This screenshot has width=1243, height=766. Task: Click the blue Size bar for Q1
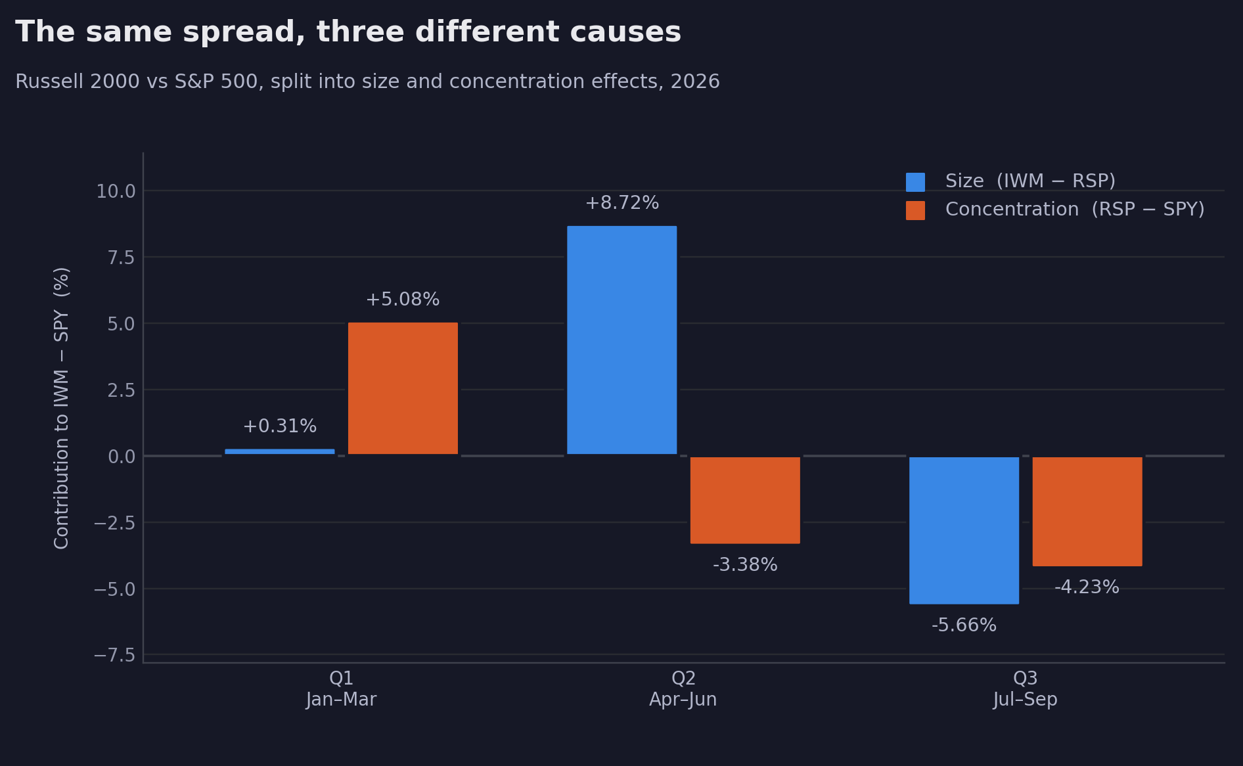(x=280, y=452)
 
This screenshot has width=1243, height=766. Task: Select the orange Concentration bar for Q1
(x=403, y=388)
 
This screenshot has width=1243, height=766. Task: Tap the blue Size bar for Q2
(x=622, y=340)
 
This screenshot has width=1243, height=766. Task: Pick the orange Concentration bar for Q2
(x=745, y=500)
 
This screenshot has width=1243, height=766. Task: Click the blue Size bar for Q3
(x=964, y=530)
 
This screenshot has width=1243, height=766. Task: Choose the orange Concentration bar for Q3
(x=1087, y=511)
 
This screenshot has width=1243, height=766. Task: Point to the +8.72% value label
(x=622, y=203)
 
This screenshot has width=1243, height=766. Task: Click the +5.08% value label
(x=403, y=300)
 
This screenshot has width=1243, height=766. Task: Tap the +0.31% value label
(x=280, y=426)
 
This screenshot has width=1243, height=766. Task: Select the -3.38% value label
(x=745, y=565)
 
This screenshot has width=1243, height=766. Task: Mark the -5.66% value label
(x=964, y=625)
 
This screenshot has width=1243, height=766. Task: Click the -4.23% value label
(x=1087, y=587)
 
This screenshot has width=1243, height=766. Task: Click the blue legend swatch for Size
(x=915, y=182)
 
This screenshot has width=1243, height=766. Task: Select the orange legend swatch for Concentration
(x=915, y=210)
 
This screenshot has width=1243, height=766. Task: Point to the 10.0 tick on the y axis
(x=116, y=191)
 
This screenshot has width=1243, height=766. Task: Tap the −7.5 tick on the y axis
(x=114, y=655)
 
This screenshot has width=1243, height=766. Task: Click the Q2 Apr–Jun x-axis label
(x=683, y=688)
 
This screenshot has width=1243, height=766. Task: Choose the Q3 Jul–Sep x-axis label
(x=1026, y=688)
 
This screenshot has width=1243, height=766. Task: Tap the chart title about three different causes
(x=348, y=32)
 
